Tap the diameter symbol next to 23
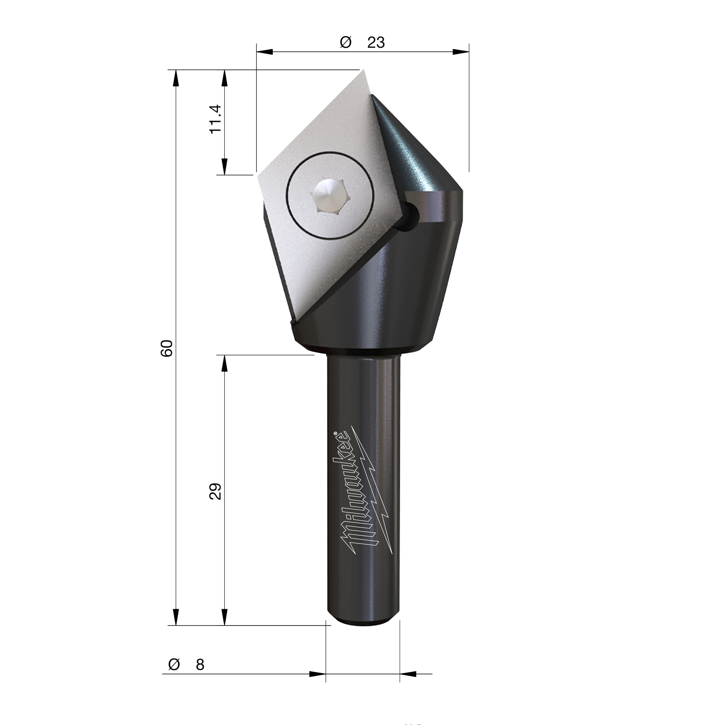345,42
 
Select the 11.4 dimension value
216,119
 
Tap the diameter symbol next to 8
174,664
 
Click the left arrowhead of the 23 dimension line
265,52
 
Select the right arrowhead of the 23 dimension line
461,52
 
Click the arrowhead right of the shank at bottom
409,673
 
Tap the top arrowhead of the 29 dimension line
224,364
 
